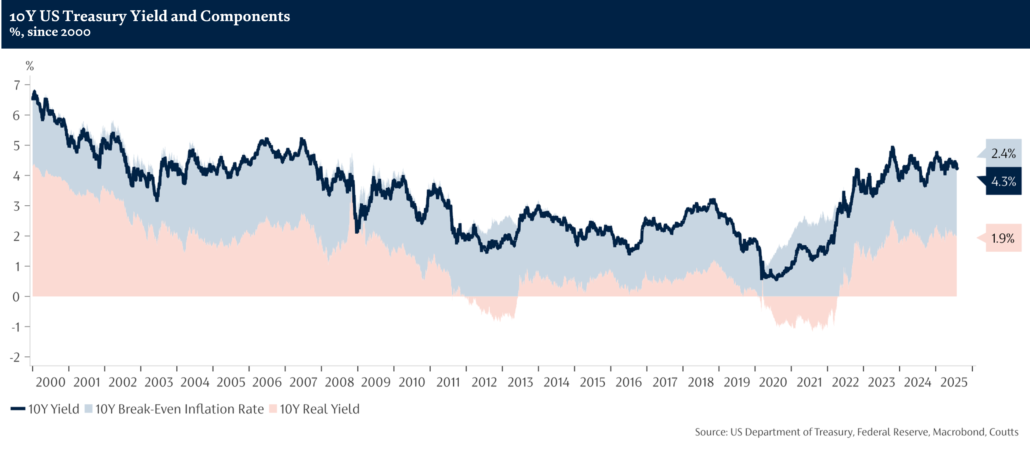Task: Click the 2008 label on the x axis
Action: [x=339, y=382]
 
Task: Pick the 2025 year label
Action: [x=954, y=382]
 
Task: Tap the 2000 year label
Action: [x=50, y=382]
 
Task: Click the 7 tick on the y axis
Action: [x=16, y=85]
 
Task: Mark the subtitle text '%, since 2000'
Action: [x=50, y=32]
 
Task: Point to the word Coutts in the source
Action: [x=1004, y=432]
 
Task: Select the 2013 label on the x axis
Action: [x=520, y=382]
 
